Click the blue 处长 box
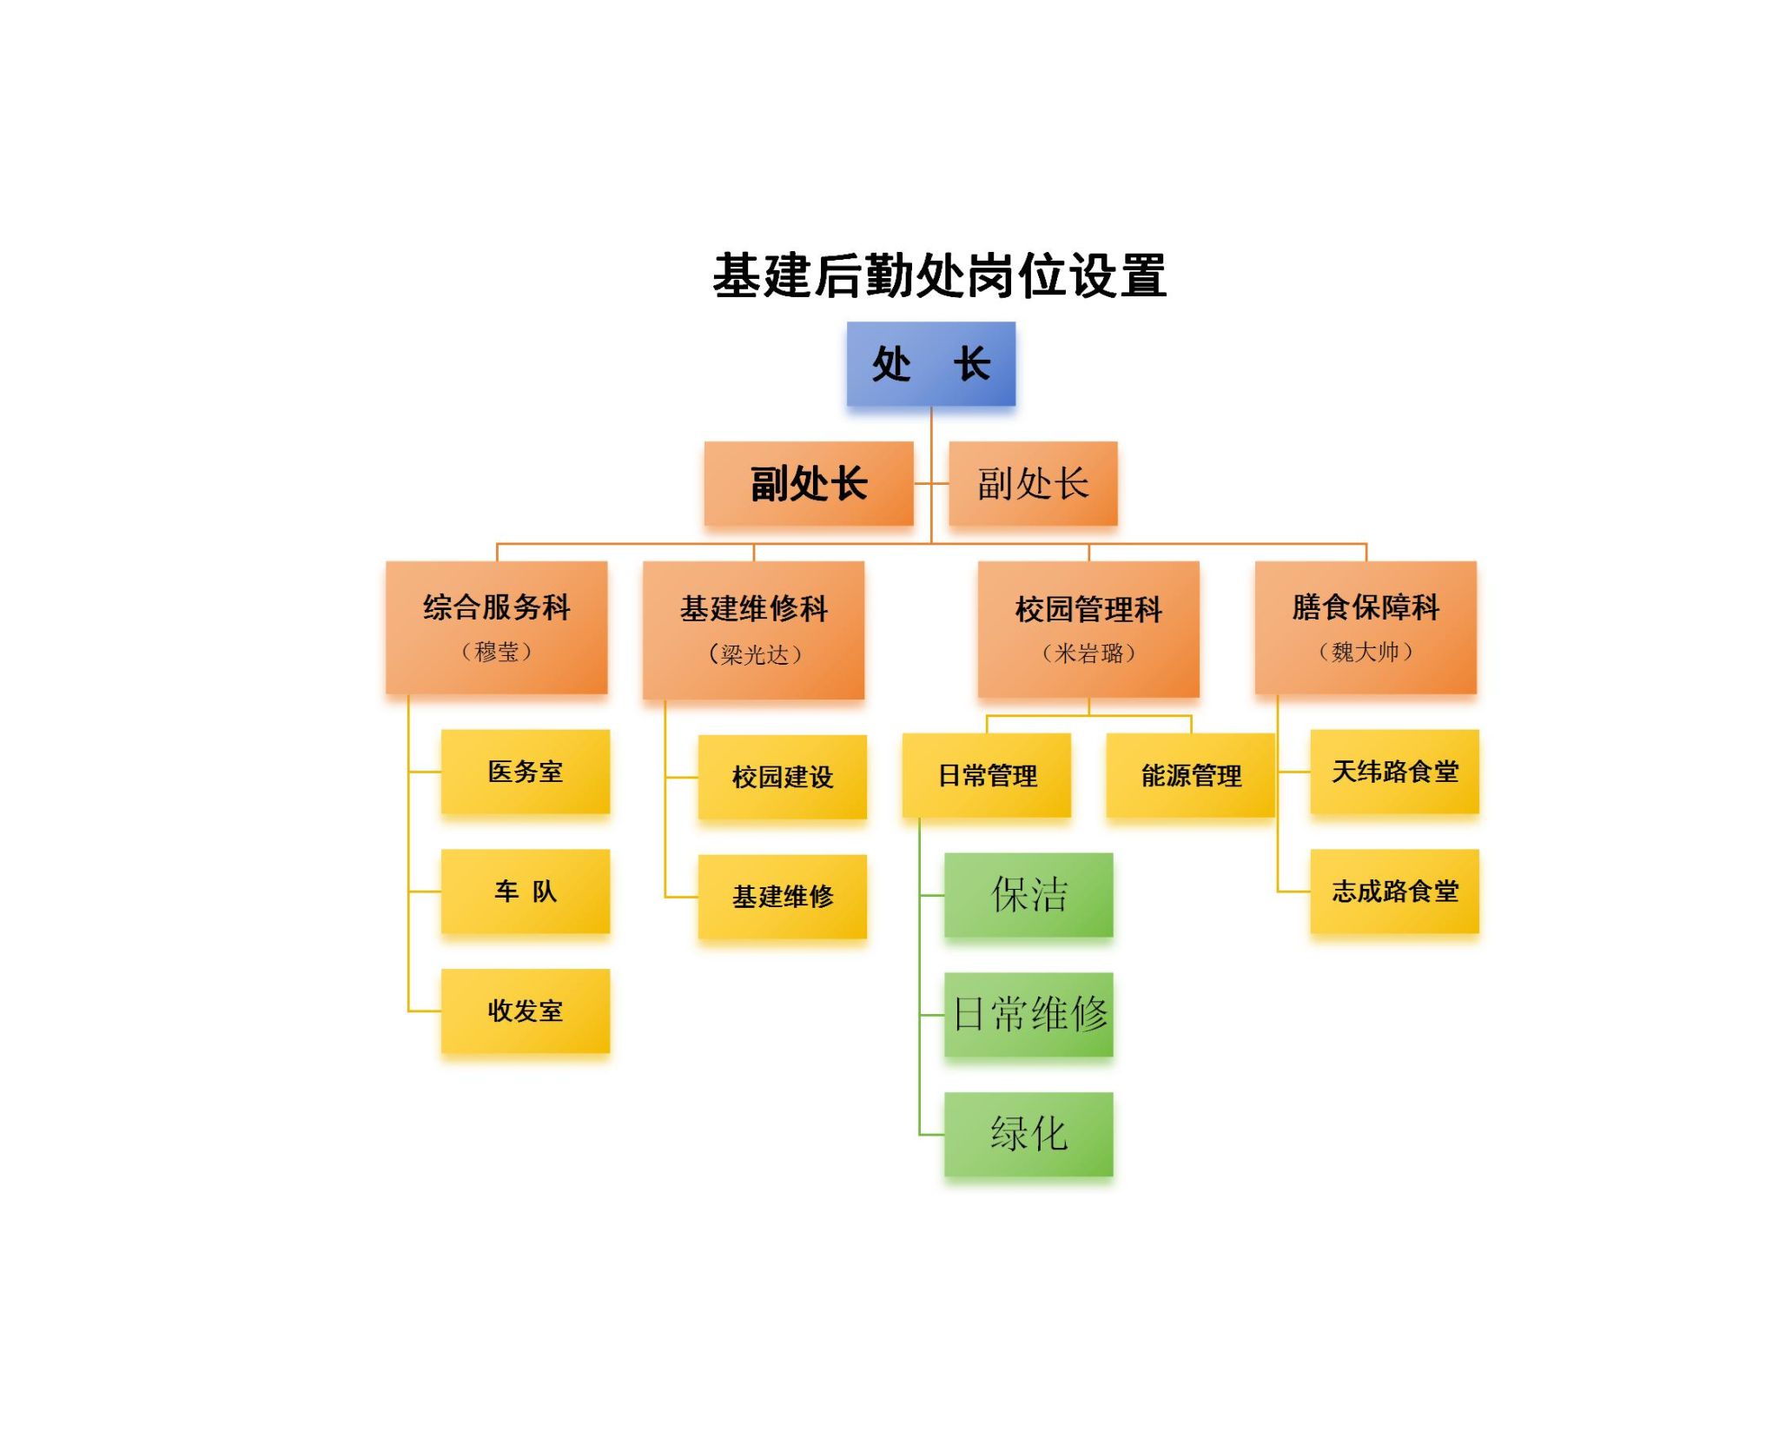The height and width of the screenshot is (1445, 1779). click(930, 363)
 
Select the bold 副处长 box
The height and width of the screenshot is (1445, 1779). click(809, 483)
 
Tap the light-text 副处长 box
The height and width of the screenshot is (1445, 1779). click(1033, 483)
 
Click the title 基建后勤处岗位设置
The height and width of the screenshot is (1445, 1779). click(939, 275)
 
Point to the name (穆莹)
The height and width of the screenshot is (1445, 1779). click(496, 651)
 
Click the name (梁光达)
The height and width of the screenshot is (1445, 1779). click(754, 653)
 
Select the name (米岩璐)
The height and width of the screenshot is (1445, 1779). click(1088, 653)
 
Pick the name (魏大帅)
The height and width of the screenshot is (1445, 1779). click(1366, 651)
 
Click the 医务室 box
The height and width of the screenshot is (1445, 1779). click(526, 772)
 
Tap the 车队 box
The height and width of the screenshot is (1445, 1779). click(526, 892)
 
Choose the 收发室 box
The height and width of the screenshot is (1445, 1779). click(526, 1011)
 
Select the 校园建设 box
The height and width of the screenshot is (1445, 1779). click(783, 777)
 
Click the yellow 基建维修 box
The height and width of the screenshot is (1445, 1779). click(783, 897)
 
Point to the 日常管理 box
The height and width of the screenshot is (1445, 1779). click(987, 775)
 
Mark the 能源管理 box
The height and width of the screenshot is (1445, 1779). click(1190, 775)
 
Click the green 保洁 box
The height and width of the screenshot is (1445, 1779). click(1028, 895)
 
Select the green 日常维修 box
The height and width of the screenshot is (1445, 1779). click(1028, 1015)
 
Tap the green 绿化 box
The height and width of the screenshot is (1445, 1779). click(1028, 1134)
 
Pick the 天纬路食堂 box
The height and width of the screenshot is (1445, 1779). click(1394, 772)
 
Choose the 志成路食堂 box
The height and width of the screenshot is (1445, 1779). click(1394, 892)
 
